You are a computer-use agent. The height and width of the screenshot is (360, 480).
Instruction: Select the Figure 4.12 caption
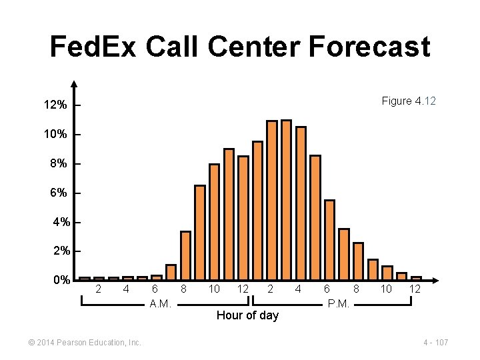tap(409, 101)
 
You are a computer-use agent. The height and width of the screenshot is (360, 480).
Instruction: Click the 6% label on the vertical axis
tap(58, 193)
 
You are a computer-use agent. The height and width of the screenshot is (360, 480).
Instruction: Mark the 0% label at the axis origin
tap(61, 280)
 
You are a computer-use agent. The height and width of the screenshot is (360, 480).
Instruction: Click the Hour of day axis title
tap(247, 315)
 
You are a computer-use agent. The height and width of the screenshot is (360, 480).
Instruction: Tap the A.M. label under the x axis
tap(161, 304)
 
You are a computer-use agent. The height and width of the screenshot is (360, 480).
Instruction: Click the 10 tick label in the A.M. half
tap(214, 289)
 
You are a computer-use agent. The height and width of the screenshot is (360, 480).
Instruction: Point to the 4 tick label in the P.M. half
tap(298, 289)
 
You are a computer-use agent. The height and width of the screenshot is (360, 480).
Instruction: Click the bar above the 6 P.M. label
tap(329, 239)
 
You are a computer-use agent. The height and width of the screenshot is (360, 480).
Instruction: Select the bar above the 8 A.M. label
tap(185, 255)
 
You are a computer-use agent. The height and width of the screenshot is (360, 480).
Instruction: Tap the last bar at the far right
tap(416, 278)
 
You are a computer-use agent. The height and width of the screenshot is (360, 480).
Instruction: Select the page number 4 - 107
tap(435, 343)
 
